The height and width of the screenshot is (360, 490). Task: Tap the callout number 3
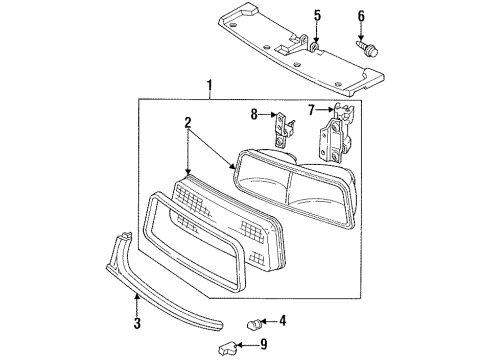point(137,323)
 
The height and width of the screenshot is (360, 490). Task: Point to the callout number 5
point(317,14)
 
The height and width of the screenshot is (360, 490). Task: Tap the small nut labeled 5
point(317,46)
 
